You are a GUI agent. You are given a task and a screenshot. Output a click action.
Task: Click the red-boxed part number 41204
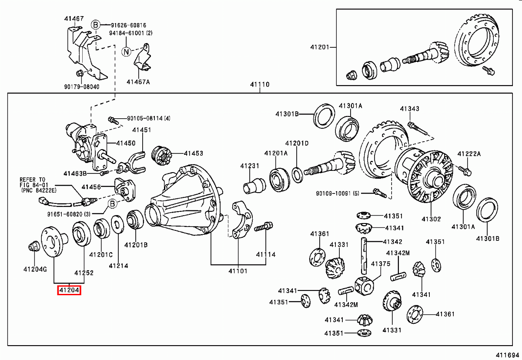70,290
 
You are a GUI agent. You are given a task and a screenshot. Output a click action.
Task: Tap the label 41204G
35,269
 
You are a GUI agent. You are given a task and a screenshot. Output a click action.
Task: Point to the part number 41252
84,273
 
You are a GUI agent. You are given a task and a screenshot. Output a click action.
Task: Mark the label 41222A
469,154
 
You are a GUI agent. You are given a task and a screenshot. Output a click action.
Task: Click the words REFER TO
32,179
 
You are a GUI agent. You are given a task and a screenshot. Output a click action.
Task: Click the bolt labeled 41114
264,227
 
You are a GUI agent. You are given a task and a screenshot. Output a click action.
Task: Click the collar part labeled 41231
254,186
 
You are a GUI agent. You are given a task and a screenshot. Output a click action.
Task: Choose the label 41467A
138,81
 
